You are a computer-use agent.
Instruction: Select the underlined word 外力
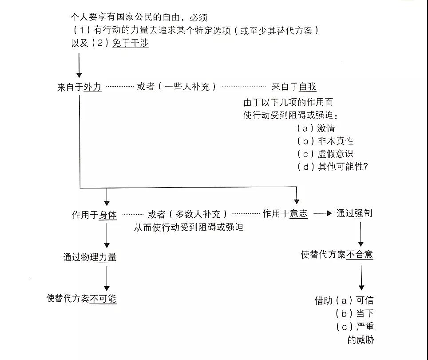coord(92,87)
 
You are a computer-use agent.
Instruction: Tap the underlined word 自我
coord(308,87)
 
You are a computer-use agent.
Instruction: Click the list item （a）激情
coord(316,128)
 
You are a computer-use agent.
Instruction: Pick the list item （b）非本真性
coord(325,141)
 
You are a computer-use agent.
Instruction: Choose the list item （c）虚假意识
coord(325,154)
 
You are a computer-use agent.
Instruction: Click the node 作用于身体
coord(94,215)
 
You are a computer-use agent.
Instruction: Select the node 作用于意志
coord(285,214)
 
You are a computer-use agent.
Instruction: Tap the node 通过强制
coord(354,213)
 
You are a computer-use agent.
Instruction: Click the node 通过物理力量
coord(90,257)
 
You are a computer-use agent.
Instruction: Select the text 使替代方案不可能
coord(81,298)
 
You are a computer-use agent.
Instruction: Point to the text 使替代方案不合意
coord(337,255)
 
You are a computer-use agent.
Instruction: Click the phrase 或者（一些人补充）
coord(176,87)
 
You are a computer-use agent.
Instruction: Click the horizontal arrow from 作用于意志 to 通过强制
coord(323,213)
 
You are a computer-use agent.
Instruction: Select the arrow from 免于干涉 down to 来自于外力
coord(79,66)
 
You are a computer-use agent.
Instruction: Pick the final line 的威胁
coord(361,340)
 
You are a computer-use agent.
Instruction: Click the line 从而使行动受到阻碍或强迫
coord(189,227)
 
